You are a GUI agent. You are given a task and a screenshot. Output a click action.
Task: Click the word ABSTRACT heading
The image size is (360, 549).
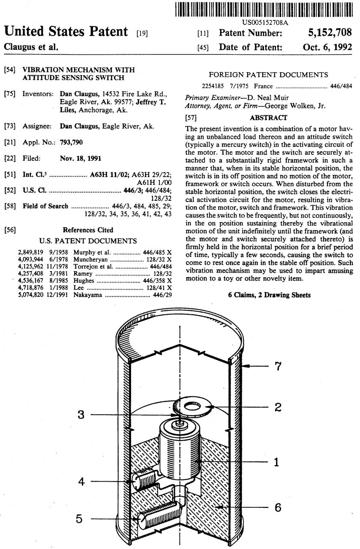(269, 118)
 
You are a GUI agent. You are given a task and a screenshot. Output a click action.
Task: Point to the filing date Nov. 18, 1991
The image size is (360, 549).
(81, 158)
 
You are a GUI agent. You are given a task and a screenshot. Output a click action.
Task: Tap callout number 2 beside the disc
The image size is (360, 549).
(278, 407)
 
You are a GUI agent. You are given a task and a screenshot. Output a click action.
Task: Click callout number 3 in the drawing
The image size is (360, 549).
(81, 415)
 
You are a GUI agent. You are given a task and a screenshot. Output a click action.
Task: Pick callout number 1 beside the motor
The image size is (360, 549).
(277, 462)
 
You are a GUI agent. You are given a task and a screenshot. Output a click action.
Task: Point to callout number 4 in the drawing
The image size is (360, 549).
(81, 482)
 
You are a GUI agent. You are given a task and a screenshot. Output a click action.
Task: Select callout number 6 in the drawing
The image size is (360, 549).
(278, 507)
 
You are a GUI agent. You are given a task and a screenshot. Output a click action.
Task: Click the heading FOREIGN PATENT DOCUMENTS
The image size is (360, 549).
(268, 75)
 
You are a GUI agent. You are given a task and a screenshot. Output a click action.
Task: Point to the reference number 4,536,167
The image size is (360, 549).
(30, 281)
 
